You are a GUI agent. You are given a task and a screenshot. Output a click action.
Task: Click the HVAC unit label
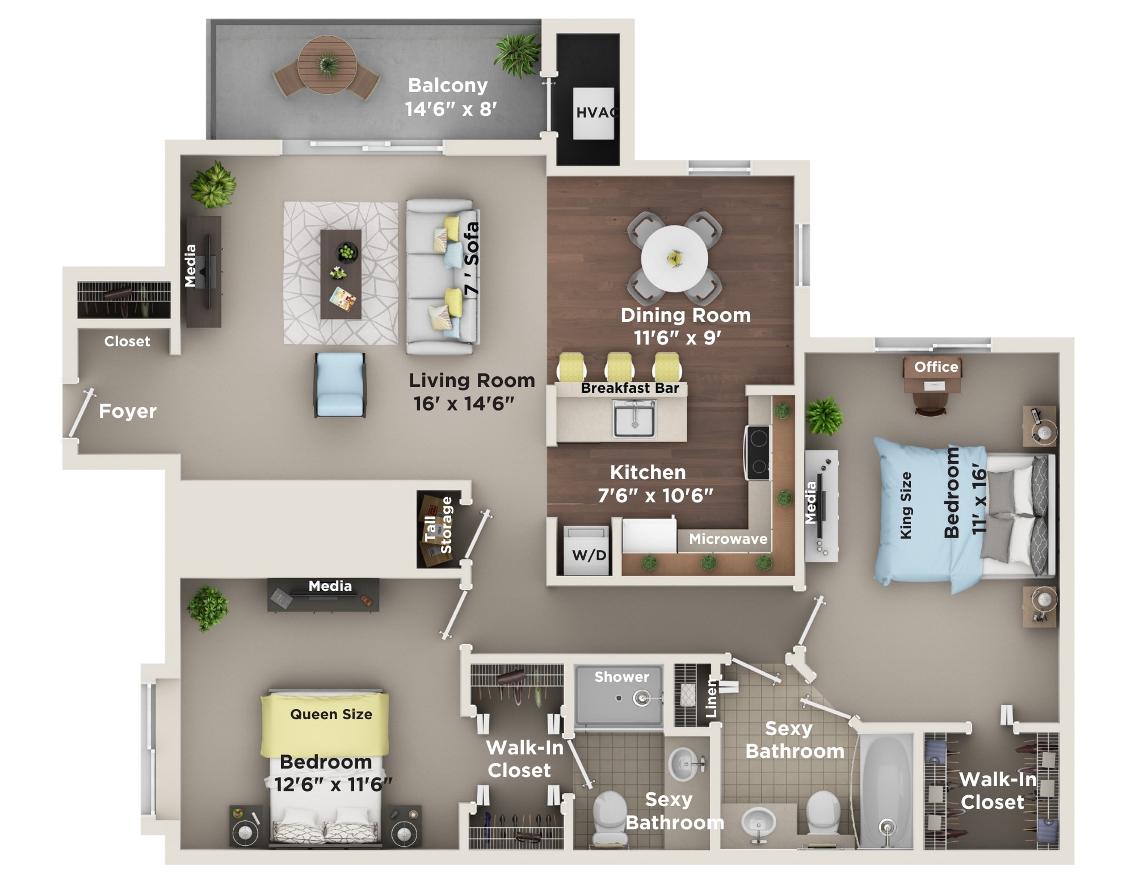pyautogui.click(x=595, y=112)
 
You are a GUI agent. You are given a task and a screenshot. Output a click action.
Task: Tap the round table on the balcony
pyautogui.click(x=327, y=65)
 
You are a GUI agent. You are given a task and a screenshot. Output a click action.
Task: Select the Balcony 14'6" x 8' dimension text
pyautogui.click(x=451, y=108)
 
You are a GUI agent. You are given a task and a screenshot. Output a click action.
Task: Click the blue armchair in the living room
pyautogui.click(x=340, y=384)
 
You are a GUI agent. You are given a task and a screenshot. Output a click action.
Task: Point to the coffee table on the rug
pyautogui.click(x=340, y=274)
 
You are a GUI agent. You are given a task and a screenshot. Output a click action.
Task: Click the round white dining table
pyautogui.click(x=674, y=259)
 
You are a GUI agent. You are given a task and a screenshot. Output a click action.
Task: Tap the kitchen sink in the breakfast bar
pyautogui.click(x=634, y=418)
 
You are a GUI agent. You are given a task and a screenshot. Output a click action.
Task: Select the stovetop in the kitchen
pyautogui.click(x=758, y=452)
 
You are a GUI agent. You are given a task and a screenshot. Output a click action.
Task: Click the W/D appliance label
pyautogui.click(x=589, y=555)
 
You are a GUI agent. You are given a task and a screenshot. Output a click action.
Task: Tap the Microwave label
pyautogui.click(x=728, y=539)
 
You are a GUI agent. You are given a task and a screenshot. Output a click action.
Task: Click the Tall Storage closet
pyautogui.click(x=439, y=528)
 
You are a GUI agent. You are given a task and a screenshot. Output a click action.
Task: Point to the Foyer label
pyautogui.click(x=128, y=410)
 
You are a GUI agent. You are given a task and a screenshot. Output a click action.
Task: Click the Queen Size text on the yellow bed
pyautogui.click(x=331, y=714)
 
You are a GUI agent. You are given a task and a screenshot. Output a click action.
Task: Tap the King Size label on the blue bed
pyautogui.click(x=906, y=505)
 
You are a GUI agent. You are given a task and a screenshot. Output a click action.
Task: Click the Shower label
pyautogui.click(x=621, y=677)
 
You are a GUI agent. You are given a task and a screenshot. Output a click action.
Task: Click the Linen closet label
pyautogui.click(x=711, y=698)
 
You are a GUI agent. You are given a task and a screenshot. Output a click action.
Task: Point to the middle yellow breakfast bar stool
pyautogui.click(x=619, y=366)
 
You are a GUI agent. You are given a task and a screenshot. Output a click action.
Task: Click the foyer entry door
pyautogui.click(x=81, y=413)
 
